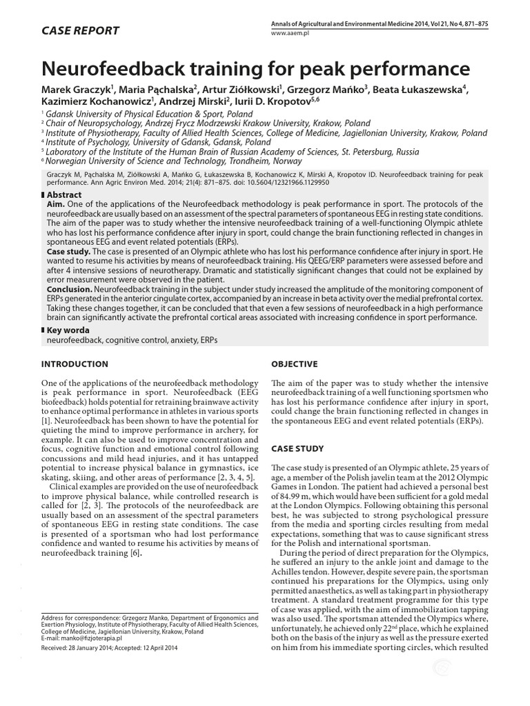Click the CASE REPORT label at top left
(81, 30)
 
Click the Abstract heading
(66, 196)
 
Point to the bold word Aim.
(57, 205)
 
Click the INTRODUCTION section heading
(75, 364)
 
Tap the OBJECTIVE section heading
(295, 364)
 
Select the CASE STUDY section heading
(297, 449)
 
